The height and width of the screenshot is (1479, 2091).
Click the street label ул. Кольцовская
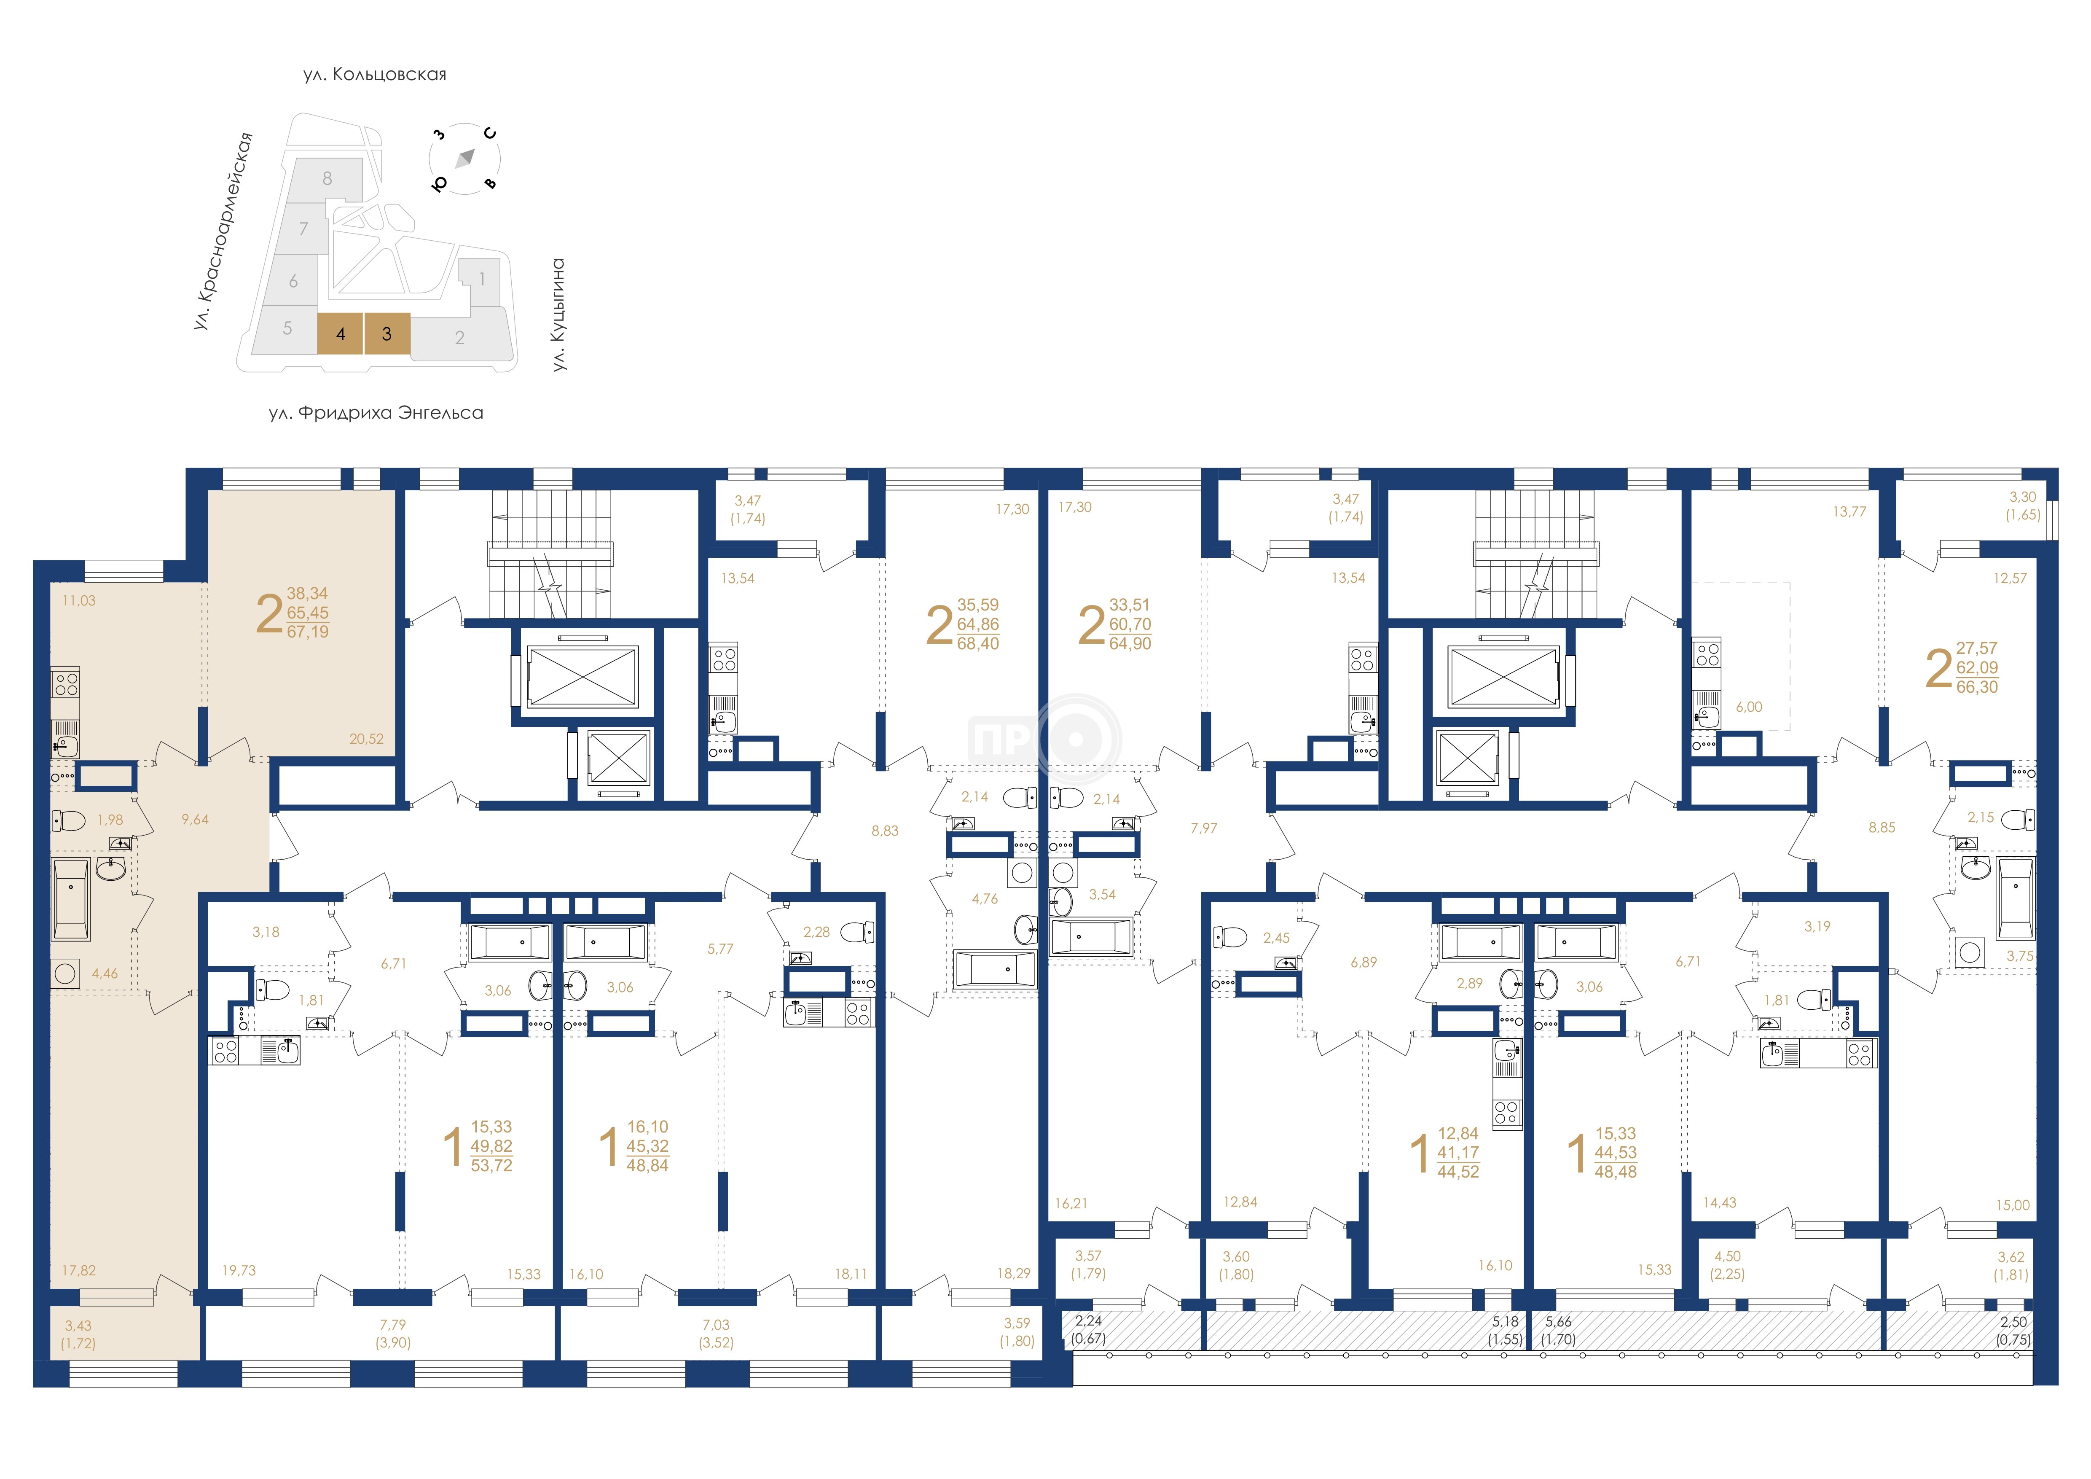(375, 74)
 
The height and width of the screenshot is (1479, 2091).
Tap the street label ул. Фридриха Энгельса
(376, 413)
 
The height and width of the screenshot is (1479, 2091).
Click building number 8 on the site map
(327, 178)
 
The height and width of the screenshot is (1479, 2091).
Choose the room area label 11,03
(79, 601)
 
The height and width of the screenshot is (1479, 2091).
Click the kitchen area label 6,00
(1749, 707)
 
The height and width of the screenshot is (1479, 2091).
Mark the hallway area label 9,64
(195, 820)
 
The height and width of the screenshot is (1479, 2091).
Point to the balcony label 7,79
(393, 1325)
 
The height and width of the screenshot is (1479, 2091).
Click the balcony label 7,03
(716, 1325)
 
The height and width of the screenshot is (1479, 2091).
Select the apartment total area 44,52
(1458, 1172)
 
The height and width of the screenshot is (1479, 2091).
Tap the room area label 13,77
(1849, 512)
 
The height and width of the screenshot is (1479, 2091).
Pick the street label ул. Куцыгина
(558, 314)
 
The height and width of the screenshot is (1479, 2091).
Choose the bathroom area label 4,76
(985, 899)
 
